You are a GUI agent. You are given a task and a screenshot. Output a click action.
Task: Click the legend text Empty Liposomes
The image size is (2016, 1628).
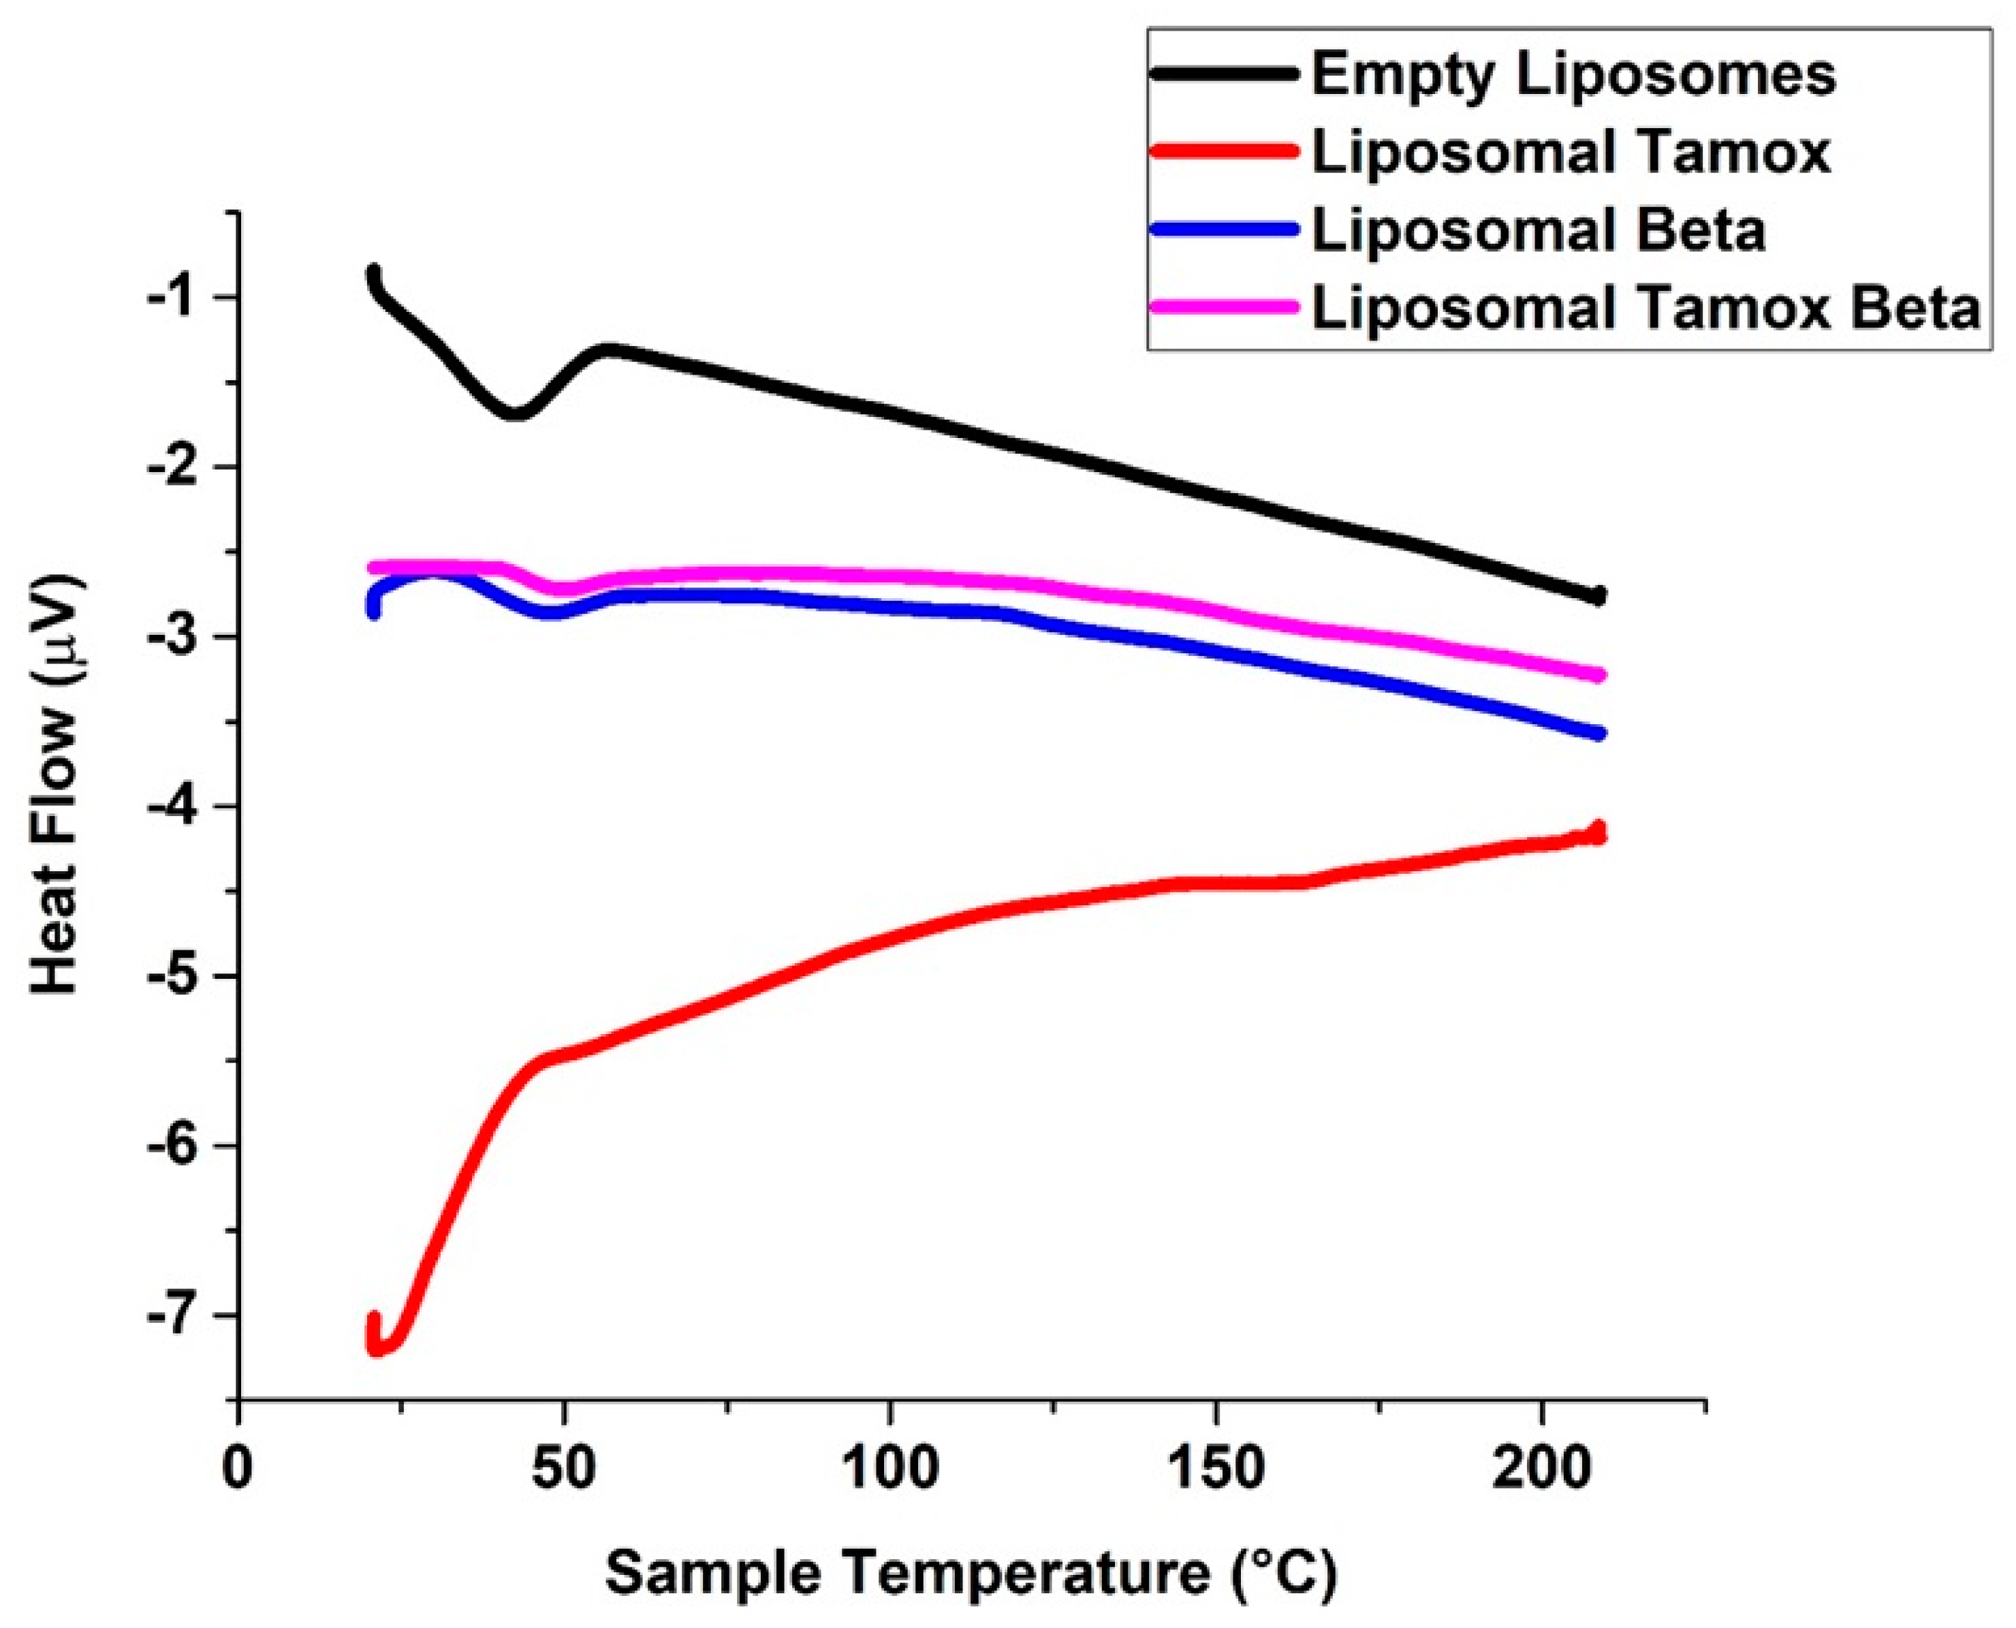click(1573, 75)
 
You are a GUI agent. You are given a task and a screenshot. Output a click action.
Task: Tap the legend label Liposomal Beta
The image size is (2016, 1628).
click(1538, 231)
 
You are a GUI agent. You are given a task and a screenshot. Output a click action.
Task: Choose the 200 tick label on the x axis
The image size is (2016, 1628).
click(1541, 1469)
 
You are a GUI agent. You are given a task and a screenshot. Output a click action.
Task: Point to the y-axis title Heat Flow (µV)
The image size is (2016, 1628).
click(58, 786)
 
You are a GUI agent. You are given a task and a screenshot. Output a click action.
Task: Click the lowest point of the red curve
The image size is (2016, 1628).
click(378, 1347)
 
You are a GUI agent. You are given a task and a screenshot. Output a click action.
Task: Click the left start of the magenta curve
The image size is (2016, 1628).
click(374, 567)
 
